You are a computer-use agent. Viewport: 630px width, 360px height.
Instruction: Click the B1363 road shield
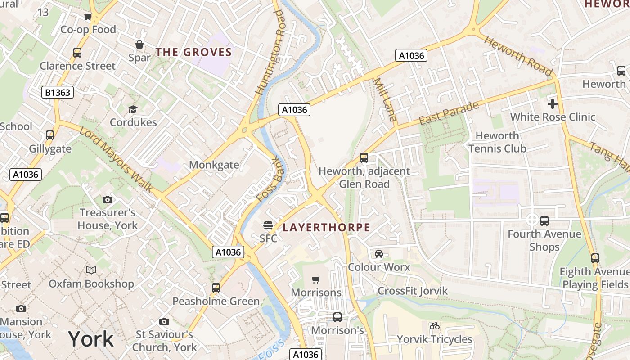[57, 92]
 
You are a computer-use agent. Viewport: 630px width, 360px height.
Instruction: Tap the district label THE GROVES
[193, 52]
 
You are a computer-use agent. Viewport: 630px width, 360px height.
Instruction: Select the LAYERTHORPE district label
[326, 227]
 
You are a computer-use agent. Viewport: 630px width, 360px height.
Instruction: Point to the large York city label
[91, 339]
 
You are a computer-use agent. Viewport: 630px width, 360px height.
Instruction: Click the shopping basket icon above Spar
[139, 45]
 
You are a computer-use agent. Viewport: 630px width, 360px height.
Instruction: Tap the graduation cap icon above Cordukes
[133, 109]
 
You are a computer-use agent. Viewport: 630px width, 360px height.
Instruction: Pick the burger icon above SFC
[268, 225]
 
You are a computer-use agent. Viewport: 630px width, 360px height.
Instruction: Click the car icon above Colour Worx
[379, 254]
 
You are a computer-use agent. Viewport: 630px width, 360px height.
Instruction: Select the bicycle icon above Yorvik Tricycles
[434, 326]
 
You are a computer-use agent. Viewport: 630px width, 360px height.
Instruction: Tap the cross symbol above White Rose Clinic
[552, 104]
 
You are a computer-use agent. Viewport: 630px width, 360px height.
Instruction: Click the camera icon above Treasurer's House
[107, 199]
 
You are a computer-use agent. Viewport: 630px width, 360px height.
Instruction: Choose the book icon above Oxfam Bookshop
[91, 270]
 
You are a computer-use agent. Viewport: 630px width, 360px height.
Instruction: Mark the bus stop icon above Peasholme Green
[216, 288]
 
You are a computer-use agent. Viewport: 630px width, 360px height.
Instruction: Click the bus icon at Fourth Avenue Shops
[544, 221]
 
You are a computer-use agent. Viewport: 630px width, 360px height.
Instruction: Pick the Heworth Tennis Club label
[497, 142]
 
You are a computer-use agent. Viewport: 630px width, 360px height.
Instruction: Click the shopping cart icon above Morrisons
[316, 279]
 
